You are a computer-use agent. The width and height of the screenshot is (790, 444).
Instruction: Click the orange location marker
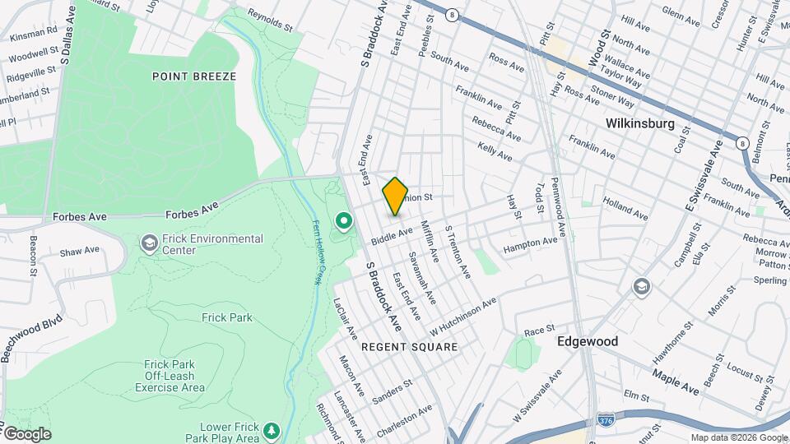point(396,196)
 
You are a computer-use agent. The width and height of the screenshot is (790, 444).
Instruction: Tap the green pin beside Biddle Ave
point(343,221)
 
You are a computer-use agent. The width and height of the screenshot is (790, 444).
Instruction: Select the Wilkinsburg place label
point(639,124)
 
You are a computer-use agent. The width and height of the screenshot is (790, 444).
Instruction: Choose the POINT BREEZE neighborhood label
point(194,76)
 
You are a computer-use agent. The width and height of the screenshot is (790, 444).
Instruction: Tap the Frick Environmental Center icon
point(149,243)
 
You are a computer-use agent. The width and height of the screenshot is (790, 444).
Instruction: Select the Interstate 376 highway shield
point(607,419)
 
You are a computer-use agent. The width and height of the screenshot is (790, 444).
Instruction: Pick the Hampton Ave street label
point(531,243)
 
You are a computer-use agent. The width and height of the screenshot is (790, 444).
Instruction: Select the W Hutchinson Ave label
point(463,313)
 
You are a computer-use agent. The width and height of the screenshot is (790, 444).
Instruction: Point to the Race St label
point(539,331)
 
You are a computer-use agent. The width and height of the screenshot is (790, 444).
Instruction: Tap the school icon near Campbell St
point(641,286)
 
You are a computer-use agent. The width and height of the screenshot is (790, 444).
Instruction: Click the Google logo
point(27,433)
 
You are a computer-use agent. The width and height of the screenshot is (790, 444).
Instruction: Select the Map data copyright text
point(738,437)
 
